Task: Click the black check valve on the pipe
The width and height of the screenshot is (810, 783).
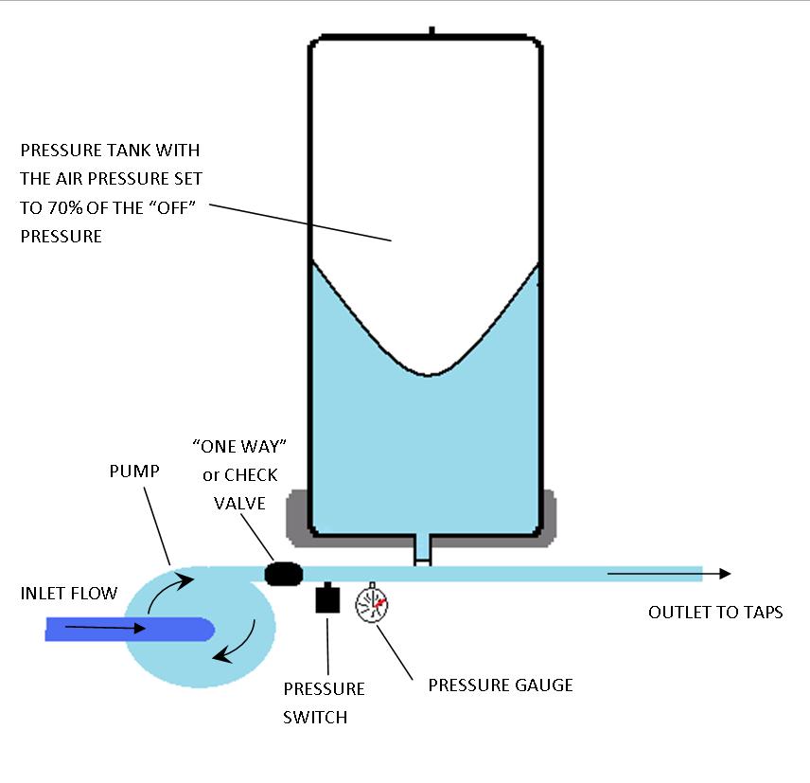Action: point(283,573)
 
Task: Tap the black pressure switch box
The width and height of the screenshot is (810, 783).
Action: point(326,599)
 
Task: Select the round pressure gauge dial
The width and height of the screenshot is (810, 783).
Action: point(371,605)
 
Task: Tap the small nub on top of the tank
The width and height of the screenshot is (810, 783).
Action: point(431,32)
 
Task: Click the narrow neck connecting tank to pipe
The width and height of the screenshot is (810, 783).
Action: point(422,550)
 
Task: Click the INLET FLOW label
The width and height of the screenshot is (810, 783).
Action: point(69,594)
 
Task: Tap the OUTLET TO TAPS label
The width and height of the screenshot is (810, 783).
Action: point(714,613)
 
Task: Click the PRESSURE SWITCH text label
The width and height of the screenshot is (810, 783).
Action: point(324,702)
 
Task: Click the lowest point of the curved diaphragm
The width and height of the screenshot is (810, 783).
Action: point(431,374)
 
